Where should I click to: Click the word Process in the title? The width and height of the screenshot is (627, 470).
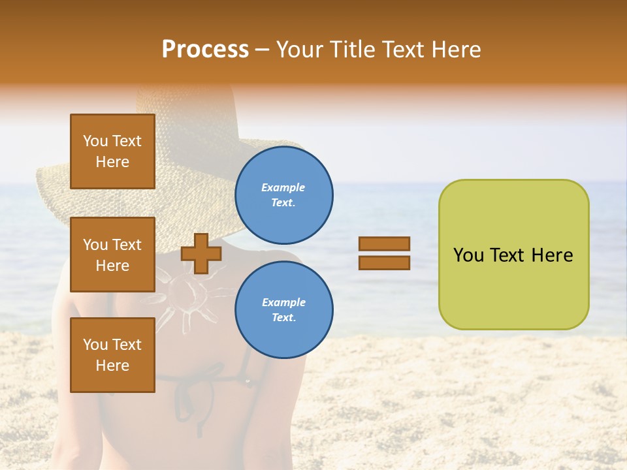coord(205,50)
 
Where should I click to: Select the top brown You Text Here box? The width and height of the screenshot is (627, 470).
coord(112,151)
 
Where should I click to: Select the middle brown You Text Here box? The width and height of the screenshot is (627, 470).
coord(112,255)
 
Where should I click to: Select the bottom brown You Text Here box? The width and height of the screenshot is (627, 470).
coord(112,355)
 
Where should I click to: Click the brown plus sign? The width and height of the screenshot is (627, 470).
coord(201,253)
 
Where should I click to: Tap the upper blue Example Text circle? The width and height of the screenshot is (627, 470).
coord(283,195)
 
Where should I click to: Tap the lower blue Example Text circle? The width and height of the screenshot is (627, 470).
coord(283,310)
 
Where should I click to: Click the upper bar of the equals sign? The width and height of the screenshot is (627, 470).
coord(384,244)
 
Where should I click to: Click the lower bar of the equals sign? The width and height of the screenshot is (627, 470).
coord(384,262)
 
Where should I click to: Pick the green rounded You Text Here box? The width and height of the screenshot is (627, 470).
coord(513,255)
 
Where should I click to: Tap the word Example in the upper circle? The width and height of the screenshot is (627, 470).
coord(283,187)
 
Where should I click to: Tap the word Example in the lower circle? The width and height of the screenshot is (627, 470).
coord(283,302)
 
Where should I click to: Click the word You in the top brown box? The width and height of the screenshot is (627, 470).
coord(95,141)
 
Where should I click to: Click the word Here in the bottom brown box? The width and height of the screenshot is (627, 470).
coord(112,366)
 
